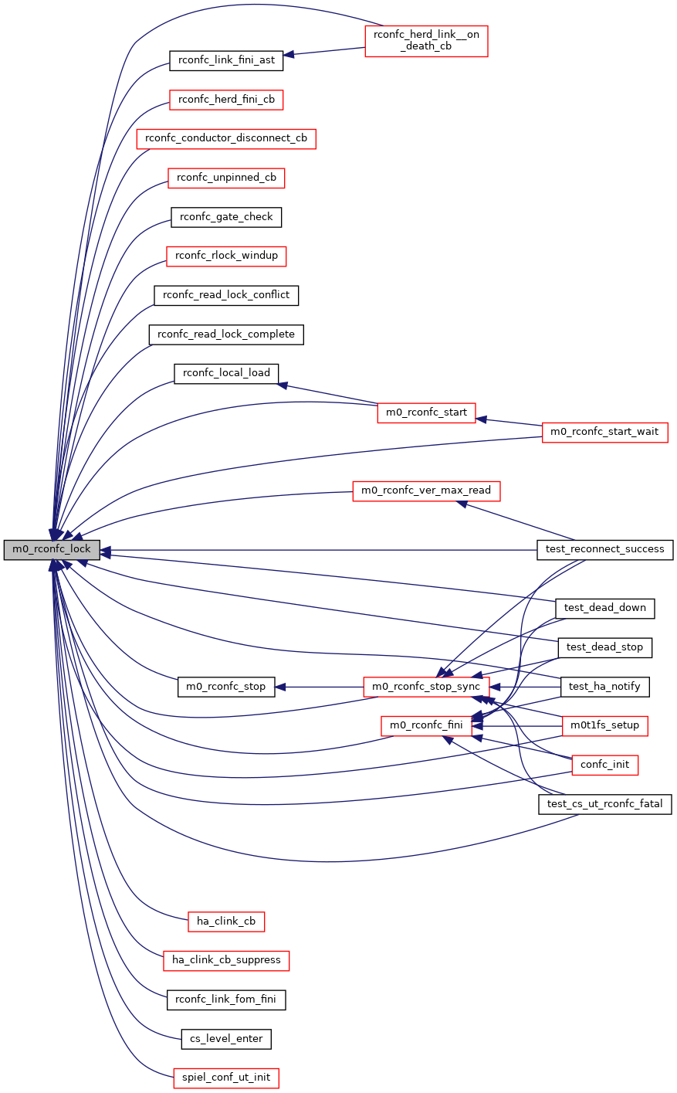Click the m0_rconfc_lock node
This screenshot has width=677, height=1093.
coord(52,550)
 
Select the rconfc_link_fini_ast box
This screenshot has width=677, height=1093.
coord(226,60)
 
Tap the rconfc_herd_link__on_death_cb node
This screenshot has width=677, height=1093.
coord(426,40)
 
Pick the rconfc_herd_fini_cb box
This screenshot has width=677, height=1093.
coord(226,100)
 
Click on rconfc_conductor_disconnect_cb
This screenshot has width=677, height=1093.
coord(226,139)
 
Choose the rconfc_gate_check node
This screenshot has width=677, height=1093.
coord(226,217)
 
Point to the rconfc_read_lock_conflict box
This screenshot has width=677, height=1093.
coord(226,295)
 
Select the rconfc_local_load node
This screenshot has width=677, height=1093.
coord(226,373)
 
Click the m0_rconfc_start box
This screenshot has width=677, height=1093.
coord(426,412)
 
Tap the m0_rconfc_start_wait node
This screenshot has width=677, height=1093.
coord(604,432)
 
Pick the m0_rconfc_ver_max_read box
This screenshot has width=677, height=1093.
coord(426,490)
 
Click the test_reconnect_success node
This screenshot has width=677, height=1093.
coord(604,549)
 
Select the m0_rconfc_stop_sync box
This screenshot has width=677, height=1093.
coord(426,687)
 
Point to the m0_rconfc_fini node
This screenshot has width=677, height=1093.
coord(426,725)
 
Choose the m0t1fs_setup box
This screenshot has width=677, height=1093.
coord(604,725)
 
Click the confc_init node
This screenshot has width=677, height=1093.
coord(604,765)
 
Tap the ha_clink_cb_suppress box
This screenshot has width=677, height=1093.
coord(226,960)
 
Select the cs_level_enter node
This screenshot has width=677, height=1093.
coord(226,1039)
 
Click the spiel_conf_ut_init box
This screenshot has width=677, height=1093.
coord(226,1078)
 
